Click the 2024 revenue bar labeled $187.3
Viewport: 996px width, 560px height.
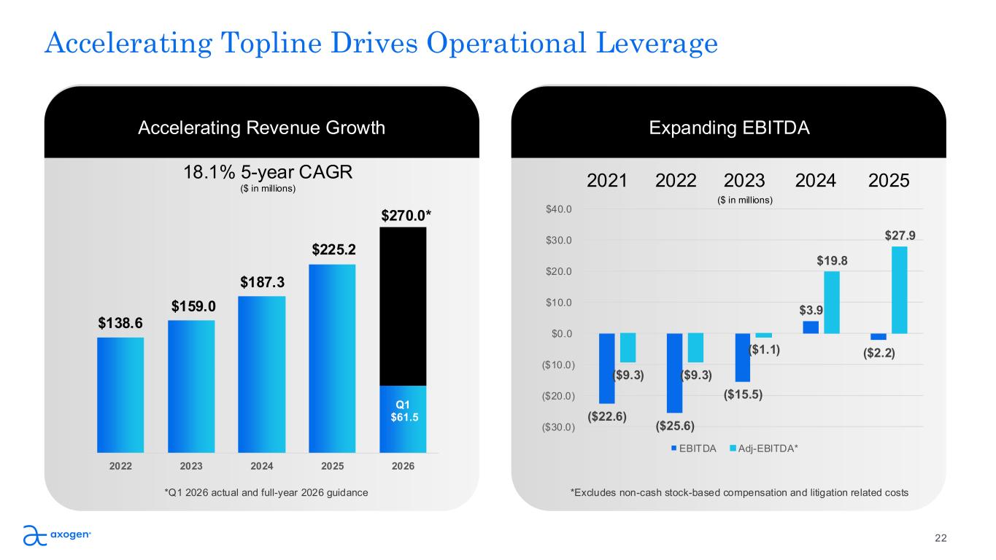coord(261,374)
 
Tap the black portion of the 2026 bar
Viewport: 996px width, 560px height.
coord(403,306)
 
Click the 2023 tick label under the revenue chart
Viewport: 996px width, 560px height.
coord(191,467)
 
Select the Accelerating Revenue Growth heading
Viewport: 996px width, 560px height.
coord(261,128)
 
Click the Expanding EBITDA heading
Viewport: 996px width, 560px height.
coord(728,128)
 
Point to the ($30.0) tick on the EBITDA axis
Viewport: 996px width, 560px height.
coord(557,427)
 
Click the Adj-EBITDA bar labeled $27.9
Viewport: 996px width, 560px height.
coord(900,289)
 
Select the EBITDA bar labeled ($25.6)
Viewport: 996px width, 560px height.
coord(674,373)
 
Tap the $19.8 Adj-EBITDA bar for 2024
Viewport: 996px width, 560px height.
coord(832,302)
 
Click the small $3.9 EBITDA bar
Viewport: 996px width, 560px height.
coord(811,327)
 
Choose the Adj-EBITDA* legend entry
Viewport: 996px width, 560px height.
coord(766,448)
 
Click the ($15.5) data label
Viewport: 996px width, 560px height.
coord(743,394)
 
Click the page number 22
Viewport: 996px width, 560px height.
coord(941,538)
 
